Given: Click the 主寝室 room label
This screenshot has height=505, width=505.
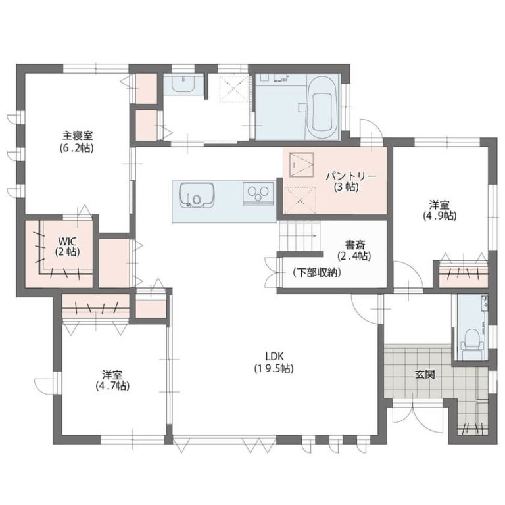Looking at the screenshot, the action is tap(78, 135).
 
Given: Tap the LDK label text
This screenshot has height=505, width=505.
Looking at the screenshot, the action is tap(274, 356).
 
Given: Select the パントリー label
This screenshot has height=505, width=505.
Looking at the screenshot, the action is tap(350, 176).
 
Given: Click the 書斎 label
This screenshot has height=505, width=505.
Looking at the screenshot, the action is tap(355, 245).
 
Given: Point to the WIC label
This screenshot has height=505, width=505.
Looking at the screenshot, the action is tap(67, 241).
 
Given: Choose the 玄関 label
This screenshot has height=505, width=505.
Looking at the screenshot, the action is tap(425, 374).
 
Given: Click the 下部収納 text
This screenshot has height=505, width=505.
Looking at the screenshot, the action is tap(317, 273).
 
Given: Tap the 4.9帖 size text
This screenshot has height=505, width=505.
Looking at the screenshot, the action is tap(440, 216).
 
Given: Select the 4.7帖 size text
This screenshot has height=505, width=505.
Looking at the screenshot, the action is tap(112, 385).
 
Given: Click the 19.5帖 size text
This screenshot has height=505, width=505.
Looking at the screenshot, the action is tap(274, 368).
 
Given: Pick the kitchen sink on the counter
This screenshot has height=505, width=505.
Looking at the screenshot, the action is tap(197, 195).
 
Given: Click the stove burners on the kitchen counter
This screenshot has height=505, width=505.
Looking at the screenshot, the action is tap(258, 194).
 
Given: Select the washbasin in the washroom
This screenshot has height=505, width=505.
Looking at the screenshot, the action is tap(183, 84).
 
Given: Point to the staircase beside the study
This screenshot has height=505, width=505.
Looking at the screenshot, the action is tap(300, 236).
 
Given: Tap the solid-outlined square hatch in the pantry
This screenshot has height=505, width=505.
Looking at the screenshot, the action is tap(301, 164).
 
